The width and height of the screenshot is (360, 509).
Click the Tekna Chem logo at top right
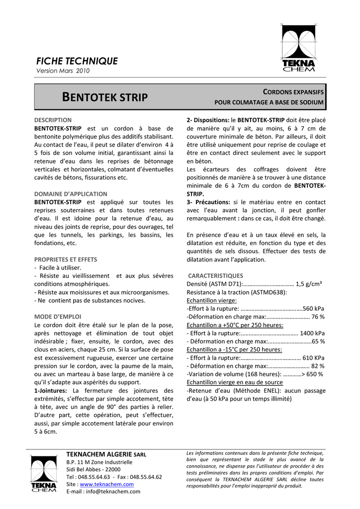[x=298, y=48]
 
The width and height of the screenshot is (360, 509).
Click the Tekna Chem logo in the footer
[x=44, y=474]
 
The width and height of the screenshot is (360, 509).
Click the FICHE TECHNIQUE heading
[x=77, y=61]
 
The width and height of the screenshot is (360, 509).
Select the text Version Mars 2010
[x=63, y=71]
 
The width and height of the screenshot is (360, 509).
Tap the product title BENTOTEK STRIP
[x=104, y=97]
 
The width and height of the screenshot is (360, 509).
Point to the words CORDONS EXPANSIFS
[x=293, y=92]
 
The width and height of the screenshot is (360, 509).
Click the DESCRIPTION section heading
[x=53, y=120]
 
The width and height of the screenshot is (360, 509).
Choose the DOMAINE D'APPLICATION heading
[x=71, y=194]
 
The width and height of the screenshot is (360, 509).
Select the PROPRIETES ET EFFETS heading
[x=66, y=259]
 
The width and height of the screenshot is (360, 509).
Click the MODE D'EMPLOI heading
[x=58, y=317]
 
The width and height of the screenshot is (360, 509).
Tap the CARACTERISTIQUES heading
[x=215, y=275]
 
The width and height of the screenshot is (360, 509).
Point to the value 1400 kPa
[x=312, y=333]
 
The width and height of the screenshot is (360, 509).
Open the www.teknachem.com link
[x=106, y=484]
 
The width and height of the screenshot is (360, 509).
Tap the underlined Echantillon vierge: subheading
[x=211, y=301]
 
